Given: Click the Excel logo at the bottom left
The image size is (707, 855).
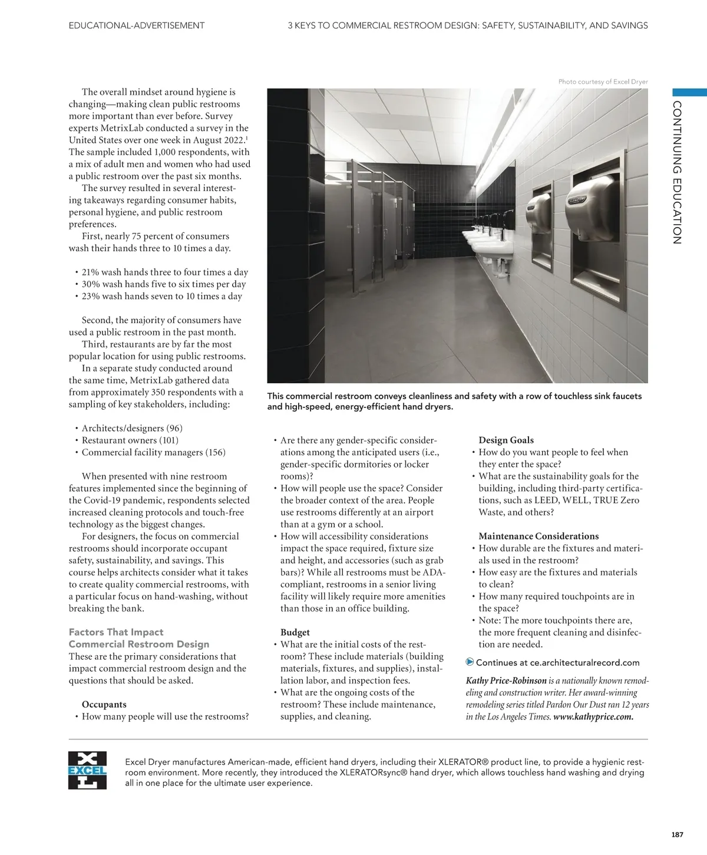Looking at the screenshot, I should point(87,771).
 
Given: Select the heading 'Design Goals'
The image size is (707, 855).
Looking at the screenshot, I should point(506,440).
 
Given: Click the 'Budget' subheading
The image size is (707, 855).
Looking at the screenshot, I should point(295,632).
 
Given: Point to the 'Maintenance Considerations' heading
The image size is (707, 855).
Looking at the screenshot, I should point(538,536).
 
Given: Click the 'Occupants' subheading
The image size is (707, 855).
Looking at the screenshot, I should point(104,704).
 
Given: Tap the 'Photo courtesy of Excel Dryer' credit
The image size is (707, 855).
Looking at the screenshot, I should point(603,82).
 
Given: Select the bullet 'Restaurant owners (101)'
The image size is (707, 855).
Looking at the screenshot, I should point(130,440).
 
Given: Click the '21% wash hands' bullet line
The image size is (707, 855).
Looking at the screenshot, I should point(164,272).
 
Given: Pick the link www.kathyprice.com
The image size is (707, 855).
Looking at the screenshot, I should point(593,717).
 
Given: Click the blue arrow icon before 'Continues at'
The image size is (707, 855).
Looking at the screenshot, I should point(470,662).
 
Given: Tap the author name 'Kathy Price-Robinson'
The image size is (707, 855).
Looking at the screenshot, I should point(506,681).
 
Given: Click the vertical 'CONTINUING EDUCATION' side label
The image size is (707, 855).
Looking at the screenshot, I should point(677,172).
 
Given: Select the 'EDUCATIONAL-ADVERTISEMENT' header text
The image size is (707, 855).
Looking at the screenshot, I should point(137,25).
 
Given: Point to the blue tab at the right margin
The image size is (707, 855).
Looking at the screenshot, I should point(689,92).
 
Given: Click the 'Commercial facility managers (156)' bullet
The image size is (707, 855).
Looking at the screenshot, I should point(153,452).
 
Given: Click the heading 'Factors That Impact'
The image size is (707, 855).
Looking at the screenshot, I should point(116,632).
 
